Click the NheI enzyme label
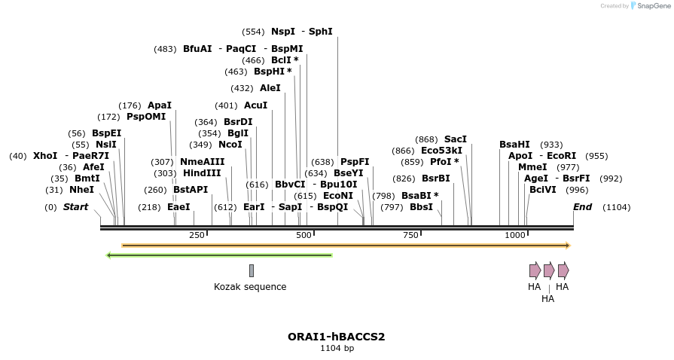pyautogui.click(x=81, y=190)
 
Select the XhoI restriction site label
pyautogui.click(x=45, y=156)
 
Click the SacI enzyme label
pyautogui.click(x=455, y=139)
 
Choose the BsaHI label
pyautogui.click(x=514, y=145)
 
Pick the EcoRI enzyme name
pyautogui.click(x=562, y=156)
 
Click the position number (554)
pyautogui.click(x=253, y=32)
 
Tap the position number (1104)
pyautogui.click(x=616, y=207)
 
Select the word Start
pyautogui.click(x=75, y=207)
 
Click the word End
pyautogui.click(x=582, y=207)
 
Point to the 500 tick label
pyautogui.click(x=303, y=236)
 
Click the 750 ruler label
pyautogui.click(x=410, y=236)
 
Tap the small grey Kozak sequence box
pyautogui.click(x=252, y=270)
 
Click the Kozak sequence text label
pyautogui.click(x=250, y=287)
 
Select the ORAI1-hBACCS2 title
pyautogui.click(x=336, y=337)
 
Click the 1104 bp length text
pyautogui.click(x=337, y=348)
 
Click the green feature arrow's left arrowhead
pyautogui.click(x=110, y=255)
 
